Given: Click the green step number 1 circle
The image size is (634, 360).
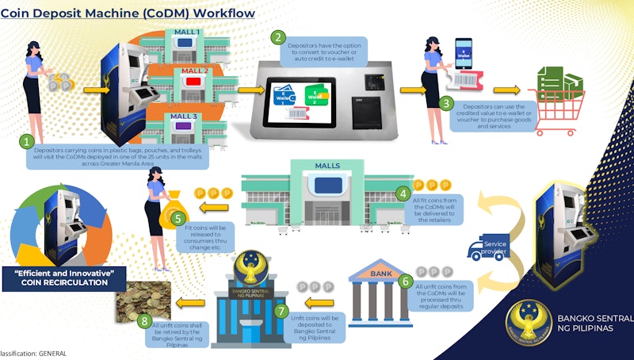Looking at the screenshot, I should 28,143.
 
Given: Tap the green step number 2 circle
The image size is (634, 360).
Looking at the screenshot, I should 277,36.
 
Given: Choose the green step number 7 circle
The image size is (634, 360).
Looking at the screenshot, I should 281,310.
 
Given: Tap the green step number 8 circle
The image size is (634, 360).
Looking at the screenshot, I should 143,321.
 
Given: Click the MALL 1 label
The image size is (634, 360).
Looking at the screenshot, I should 187,33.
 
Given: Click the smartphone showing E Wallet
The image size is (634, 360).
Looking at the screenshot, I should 463,53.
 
